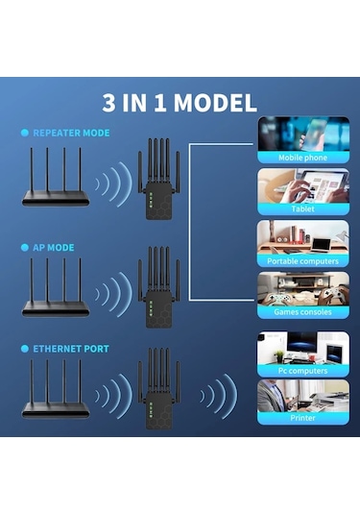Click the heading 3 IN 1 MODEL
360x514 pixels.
pos(180,103)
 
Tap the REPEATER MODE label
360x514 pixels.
pos(71,133)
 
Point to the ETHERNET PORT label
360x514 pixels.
pos(71,349)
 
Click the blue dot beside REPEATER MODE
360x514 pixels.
pos(25,133)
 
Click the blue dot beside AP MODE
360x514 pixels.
pos(25,247)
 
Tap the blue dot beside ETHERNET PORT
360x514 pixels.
pos(25,349)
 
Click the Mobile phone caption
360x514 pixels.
pos(302,157)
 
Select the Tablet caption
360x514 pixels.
pos(302,208)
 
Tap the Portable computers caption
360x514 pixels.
pos(302,260)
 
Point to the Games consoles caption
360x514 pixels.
pos(302,312)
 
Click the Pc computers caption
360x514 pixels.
pos(302,370)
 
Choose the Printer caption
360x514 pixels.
pos(302,418)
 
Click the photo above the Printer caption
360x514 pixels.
pos(302,395)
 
